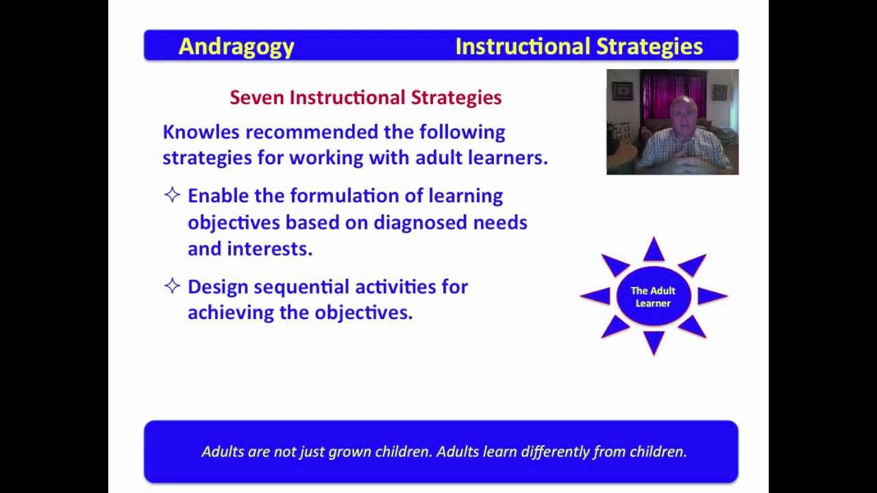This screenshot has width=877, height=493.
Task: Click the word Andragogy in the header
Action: (236, 47)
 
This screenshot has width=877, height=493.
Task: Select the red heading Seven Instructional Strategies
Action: (365, 97)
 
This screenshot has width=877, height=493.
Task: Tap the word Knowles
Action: (201, 131)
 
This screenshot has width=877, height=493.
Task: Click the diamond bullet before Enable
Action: (172, 195)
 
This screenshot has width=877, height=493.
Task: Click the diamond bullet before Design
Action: (172, 286)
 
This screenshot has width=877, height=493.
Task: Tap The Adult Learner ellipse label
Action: (653, 296)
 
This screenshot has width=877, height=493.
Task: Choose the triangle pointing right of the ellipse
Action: (711, 296)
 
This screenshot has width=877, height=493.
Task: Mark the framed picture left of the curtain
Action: (623, 91)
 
